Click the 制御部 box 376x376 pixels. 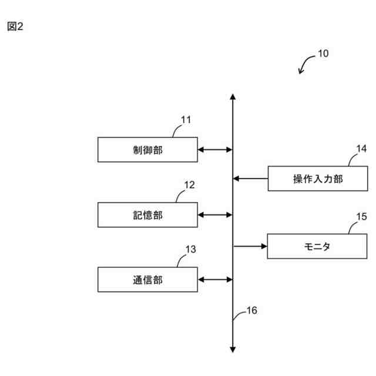[x=147, y=150]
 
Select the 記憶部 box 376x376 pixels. [x=147, y=215]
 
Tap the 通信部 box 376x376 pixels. [x=147, y=280]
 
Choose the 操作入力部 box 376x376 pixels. [x=318, y=179]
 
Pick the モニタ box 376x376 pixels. [x=317, y=246]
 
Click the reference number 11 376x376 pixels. [x=186, y=120]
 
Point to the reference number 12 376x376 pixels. [x=189, y=184]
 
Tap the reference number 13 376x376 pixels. [x=191, y=249]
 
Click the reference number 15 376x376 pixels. [x=361, y=216]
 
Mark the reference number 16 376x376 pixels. [x=251, y=311]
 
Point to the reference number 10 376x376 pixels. [x=323, y=53]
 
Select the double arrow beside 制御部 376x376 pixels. [x=215, y=150]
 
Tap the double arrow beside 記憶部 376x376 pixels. [x=215, y=215]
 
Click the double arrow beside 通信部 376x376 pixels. [x=215, y=280]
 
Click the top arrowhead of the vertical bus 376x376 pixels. [x=233, y=97]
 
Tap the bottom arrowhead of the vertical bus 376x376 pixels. [x=233, y=350]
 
